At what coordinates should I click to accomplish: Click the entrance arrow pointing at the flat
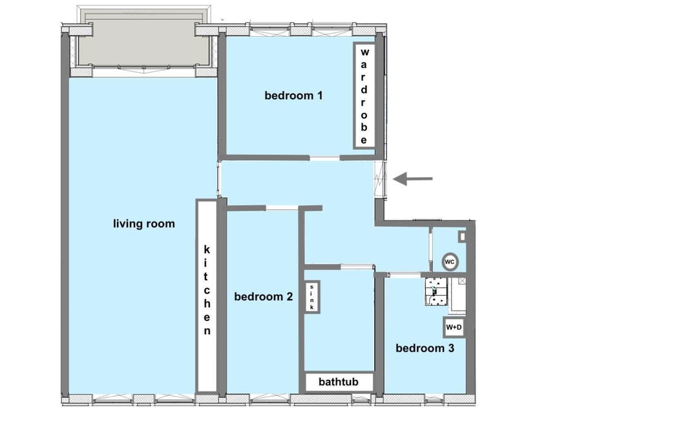[412, 179]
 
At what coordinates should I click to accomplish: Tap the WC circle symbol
[450, 262]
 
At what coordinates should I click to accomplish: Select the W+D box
[454, 327]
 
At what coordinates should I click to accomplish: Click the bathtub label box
[339, 382]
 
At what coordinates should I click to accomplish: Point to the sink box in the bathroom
[312, 296]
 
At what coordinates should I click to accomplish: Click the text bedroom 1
[293, 95]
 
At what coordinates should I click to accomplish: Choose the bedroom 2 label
[263, 296]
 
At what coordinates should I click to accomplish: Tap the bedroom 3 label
[425, 348]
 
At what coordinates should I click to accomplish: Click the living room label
[143, 223]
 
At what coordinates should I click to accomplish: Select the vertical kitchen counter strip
[207, 296]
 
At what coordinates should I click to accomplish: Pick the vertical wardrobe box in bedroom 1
[364, 96]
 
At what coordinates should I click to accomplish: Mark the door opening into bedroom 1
[325, 158]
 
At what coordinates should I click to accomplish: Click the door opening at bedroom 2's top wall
[282, 208]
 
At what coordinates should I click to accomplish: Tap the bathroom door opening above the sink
[357, 267]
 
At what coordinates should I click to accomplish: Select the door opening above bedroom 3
[404, 275]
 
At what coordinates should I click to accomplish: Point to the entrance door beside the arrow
[381, 179]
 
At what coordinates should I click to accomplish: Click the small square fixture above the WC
[463, 236]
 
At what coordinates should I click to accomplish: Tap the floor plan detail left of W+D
[436, 291]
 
